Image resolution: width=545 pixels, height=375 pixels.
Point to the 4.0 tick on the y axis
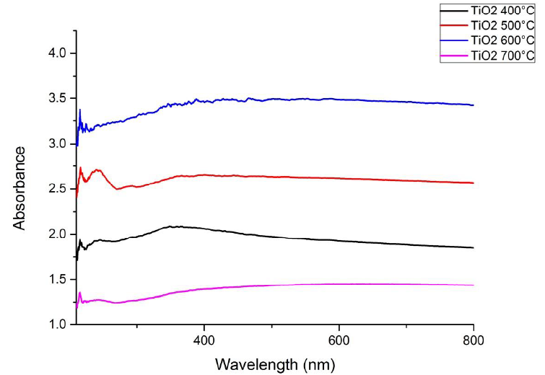pyautogui.click(x=57, y=53)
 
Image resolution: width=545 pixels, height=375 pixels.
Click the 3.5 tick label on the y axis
pyautogui.click(x=57, y=99)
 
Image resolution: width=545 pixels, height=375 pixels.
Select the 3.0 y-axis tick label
pyautogui.click(x=57, y=144)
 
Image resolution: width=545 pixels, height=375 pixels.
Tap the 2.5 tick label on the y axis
pyautogui.click(x=57, y=189)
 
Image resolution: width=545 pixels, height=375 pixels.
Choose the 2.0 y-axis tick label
pyautogui.click(x=57, y=234)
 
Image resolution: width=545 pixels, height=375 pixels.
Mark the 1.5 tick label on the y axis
pyautogui.click(x=57, y=280)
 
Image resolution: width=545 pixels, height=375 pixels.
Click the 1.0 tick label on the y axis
pyautogui.click(x=57, y=325)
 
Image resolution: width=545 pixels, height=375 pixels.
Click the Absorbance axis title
pyautogui.click(x=19, y=188)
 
